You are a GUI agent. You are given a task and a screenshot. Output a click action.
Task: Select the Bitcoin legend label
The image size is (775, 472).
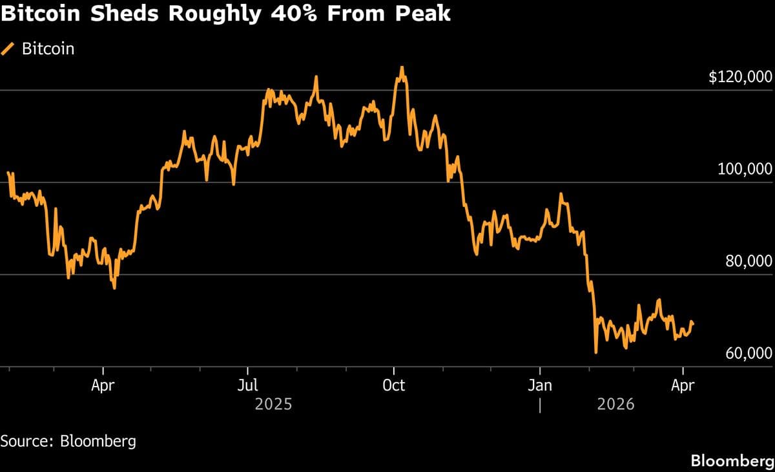pos(48,48)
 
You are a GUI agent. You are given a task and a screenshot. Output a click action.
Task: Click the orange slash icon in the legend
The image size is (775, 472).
pos(9,48)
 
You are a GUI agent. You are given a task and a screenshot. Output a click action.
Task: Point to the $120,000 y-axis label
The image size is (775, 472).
pos(740,78)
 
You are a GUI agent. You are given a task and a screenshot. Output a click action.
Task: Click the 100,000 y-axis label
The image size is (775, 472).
pos(745,169)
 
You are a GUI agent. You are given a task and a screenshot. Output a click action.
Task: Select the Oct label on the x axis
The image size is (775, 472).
pos(393,386)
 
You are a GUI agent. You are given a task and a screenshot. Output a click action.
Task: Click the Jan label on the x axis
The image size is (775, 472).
pos(539,386)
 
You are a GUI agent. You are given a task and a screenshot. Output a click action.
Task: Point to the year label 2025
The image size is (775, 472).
pos(273,405)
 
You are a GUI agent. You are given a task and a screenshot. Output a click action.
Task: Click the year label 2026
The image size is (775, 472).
pos(615,405)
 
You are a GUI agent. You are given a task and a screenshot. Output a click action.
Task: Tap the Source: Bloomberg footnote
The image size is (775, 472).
pos(68,442)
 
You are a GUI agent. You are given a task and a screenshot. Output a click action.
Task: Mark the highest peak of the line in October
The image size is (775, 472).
pos(402,67)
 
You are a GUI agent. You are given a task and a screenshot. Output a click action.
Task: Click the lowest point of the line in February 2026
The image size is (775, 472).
pos(595,352)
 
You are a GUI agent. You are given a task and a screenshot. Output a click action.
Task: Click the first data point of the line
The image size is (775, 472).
pos(8,173)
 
